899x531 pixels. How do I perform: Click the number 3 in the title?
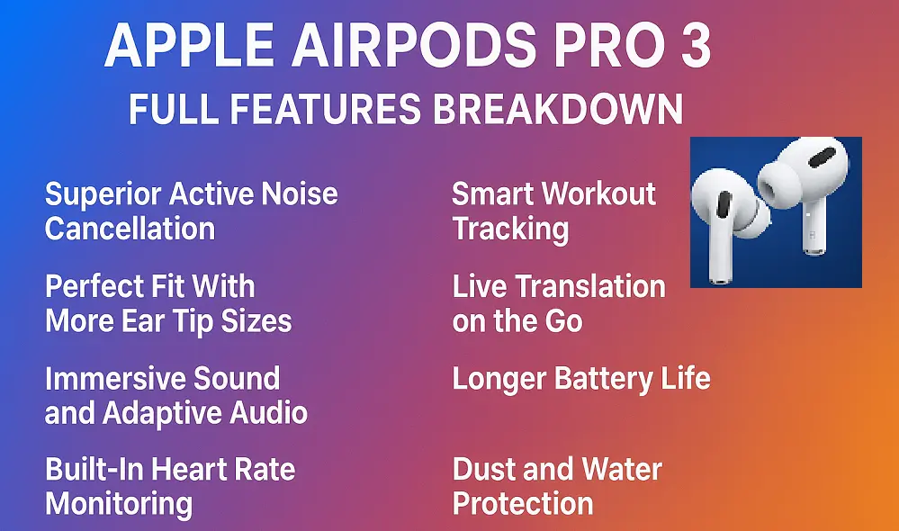(x=696, y=45)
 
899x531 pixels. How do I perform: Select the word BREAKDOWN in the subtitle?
(x=558, y=108)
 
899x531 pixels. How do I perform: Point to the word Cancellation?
(x=130, y=229)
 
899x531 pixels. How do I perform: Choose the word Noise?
(x=300, y=193)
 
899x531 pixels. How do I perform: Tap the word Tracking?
(x=511, y=229)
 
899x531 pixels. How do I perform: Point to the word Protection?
(x=523, y=504)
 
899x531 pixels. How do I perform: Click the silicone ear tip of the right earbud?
(x=778, y=184)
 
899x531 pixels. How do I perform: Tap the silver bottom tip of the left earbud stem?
(x=720, y=279)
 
